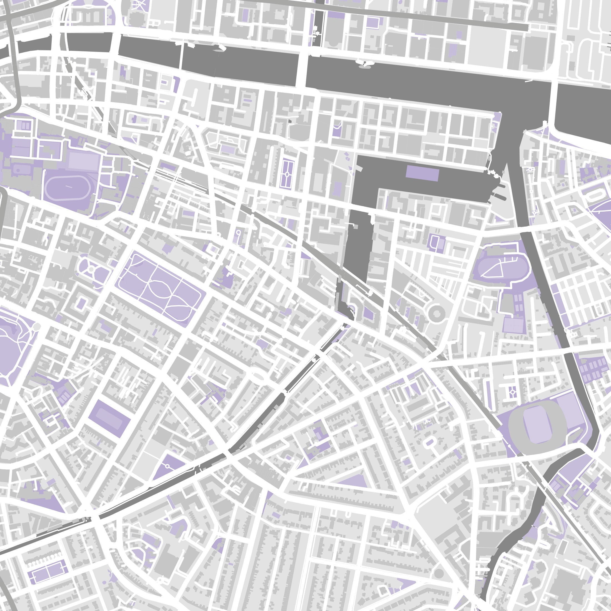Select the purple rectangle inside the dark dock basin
[422, 173]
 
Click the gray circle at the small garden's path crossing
[91, 269]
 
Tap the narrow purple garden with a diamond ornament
[287, 174]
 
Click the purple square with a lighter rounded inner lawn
[109, 418]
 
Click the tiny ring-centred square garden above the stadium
[512, 392]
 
